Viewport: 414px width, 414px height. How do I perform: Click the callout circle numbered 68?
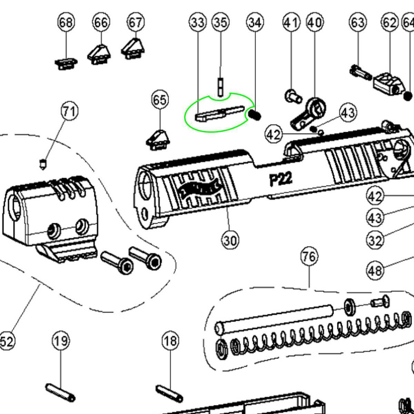pyautogui.click(x=66, y=23)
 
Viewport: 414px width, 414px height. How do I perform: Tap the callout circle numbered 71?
pyautogui.click(x=70, y=111)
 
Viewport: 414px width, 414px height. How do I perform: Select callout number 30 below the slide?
pyautogui.click(x=230, y=240)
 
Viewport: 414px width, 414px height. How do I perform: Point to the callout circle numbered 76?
pyautogui.click(x=309, y=256)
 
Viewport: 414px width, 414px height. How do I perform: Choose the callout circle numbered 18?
pyautogui.click(x=170, y=341)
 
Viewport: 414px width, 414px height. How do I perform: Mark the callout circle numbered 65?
pyautogui.click(x=160, y=100)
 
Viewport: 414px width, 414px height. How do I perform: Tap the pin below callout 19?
pyautogui.click(x=60, y=393)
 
